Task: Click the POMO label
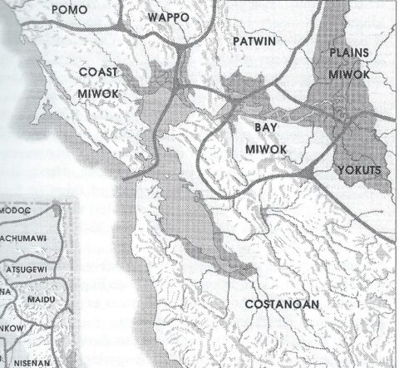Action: click(94, 9)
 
